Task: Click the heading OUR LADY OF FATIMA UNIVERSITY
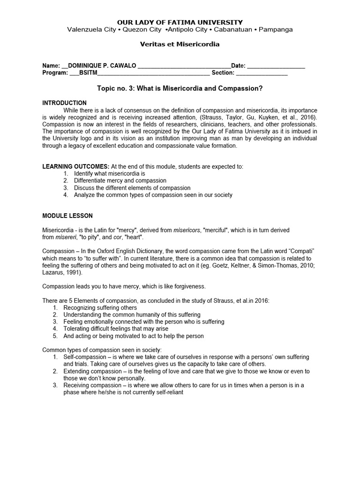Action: [180, 22]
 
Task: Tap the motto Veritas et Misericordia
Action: [180, 44]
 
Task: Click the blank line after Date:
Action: [276, 66]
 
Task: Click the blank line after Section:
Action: [261, 73]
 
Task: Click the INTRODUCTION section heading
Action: [64, 103]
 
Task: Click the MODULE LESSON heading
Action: [67, 216]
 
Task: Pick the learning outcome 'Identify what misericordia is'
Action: [110, 173]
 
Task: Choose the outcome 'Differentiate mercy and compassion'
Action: [120, 180]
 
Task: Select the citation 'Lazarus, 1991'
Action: [60, 272]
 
